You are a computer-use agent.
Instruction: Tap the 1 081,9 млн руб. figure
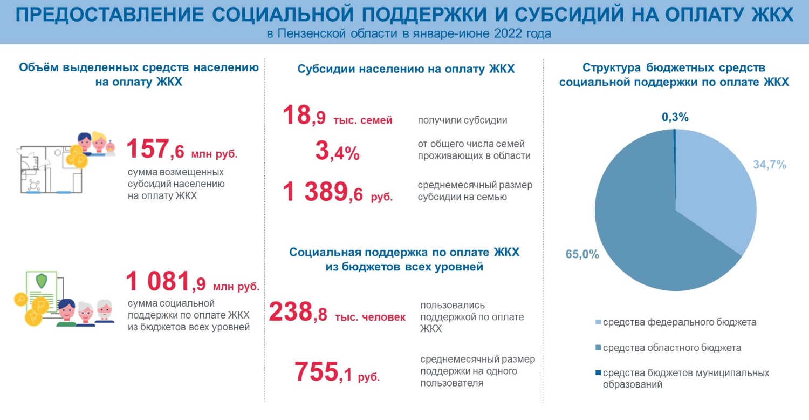point(192,282)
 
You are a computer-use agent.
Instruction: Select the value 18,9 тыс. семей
point(337,116)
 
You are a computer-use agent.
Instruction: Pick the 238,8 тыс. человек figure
point(337,313)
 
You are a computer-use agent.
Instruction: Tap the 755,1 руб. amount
point(337,372)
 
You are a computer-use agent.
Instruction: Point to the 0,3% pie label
point(675,117)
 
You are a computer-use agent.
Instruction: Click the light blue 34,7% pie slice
point(717,189)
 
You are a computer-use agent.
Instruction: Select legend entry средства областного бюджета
point(671,348)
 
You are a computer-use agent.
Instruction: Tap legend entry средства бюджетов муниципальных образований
point(685,378)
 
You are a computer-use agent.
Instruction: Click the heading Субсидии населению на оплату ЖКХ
point(406,69)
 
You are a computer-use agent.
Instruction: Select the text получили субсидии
point(462,120)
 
